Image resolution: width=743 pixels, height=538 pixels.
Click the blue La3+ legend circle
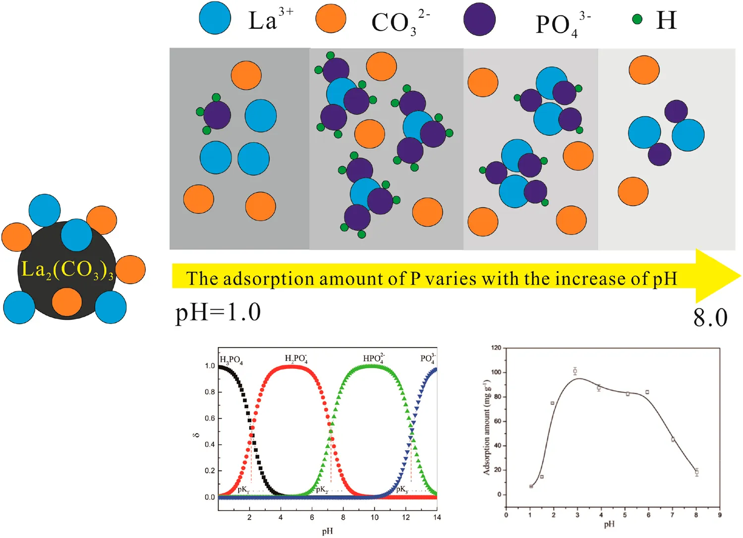(x=215, y=18)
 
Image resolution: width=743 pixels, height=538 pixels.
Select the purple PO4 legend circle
(x=479, y=19)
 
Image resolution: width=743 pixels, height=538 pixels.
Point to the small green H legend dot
(x=637, y=19)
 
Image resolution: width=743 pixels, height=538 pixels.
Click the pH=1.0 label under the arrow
(x=218, y=313)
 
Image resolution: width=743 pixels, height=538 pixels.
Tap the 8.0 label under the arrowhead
(x=710, y=318)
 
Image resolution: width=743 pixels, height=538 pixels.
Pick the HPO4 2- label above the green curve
(x=374, y=359)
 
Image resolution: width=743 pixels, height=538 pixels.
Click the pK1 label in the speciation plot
(x=243, y=490)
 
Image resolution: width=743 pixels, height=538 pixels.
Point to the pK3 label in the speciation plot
(x=401, y=490)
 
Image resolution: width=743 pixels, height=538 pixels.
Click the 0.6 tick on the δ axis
(x=210, y=418)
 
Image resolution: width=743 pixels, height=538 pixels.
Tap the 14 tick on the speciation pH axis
(x=437, y=517)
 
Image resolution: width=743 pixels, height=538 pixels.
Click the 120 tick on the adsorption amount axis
(x=496, y=348)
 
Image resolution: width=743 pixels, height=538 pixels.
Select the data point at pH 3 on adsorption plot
(x=575, y=371)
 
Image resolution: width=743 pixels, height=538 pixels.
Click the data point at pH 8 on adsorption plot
(x=696, y=472)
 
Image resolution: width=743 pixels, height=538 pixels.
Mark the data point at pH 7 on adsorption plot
(x=673, y=439)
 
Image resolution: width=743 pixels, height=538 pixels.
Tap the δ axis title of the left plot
(x=196, y=435)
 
